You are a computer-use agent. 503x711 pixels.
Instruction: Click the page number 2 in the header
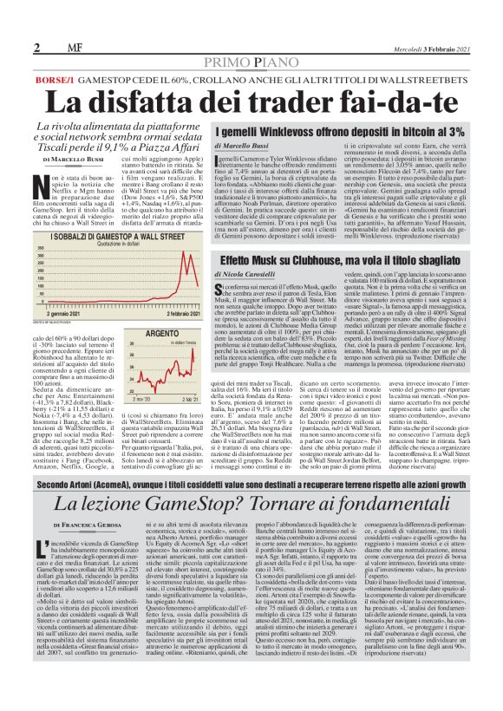pos(37,47)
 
